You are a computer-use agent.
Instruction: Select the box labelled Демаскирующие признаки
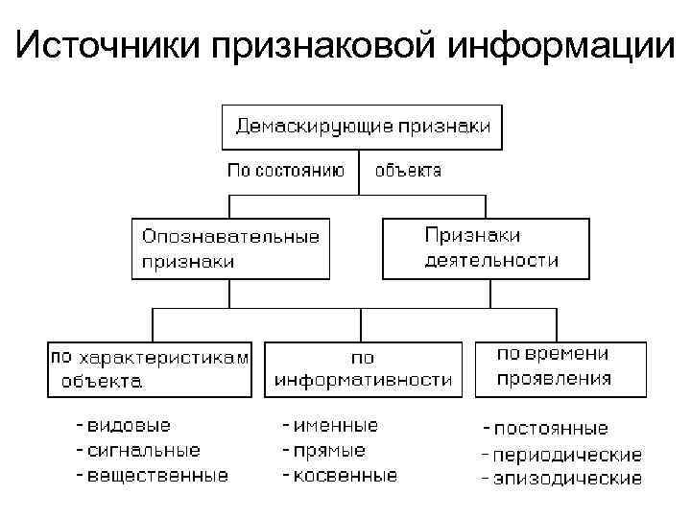[362, 126]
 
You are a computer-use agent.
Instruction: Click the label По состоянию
[284, 171]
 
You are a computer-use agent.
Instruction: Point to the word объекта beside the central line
[408, 171]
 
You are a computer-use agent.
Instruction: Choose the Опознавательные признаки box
[230, 247]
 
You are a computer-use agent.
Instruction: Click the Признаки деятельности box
[486, 247]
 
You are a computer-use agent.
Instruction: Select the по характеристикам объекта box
[151, 368]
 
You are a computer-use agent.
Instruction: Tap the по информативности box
[363, 368]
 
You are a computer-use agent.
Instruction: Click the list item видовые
[130, 425]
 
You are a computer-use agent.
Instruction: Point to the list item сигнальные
[143, 450]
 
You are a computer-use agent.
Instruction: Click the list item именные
[336, 425]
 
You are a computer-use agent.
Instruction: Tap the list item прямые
[329, 450]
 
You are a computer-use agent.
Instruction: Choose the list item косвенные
[345, 475]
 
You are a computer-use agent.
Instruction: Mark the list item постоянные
[550, 429]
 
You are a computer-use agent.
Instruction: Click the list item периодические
[567, 454]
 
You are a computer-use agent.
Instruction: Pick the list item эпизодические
[567, 478]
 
